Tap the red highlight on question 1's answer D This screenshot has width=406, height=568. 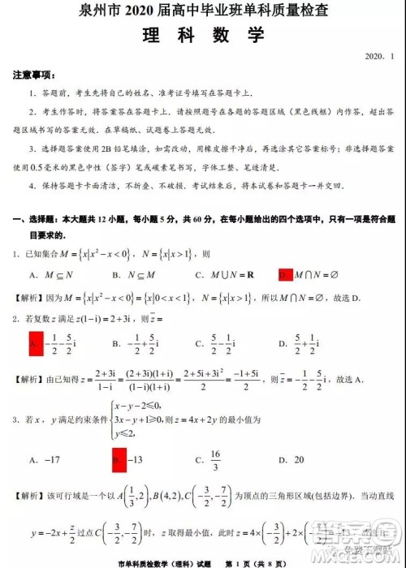click(x=284, y=274)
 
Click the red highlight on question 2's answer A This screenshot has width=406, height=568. click(x=35, y=344)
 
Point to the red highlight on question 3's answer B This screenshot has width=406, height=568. click(x=118, y=460)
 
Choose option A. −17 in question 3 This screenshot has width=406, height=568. click(x=45, y=460)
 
